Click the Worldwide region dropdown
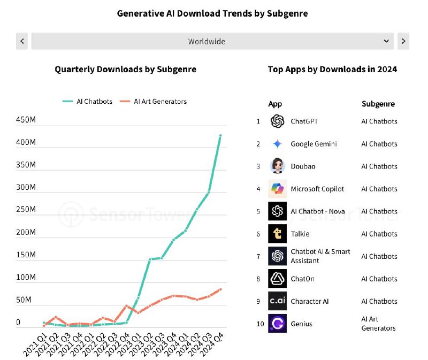(212, 41)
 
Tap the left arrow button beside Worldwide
(22, 41)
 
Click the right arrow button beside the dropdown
(403, 41)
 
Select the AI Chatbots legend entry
(87, 101)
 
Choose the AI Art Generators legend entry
(153, 101)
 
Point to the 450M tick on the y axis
(26, 119)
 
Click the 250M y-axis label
(26, 209)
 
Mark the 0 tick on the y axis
(18, 323)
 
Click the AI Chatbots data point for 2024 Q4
(220, 135)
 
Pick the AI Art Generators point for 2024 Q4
(220, 289)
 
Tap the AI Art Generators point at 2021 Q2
(56, 317)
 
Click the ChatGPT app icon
(277, 121)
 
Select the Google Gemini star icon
(277, 143)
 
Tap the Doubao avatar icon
(277, 166)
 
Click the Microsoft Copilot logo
(277, 189)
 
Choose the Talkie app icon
(277, 234)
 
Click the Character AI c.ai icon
(277, 301)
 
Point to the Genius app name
(301, 324)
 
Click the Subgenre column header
(378, 104)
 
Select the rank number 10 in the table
(260, 324)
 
